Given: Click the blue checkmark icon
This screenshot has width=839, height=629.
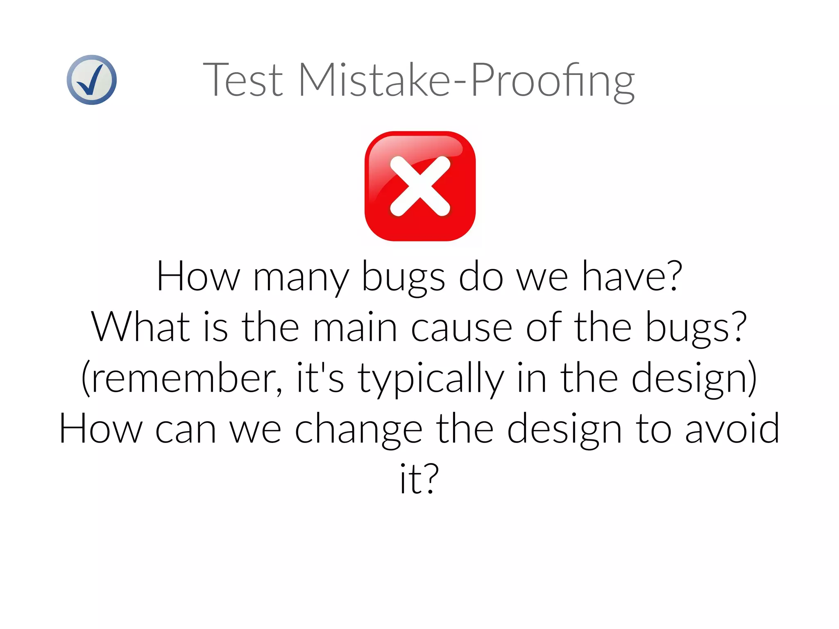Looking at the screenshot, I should click(91, 80).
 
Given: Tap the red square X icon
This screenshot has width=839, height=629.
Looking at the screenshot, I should click(420, 186).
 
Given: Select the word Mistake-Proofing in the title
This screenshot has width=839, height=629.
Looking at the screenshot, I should click(467, 80).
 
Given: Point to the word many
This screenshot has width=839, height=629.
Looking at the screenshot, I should click(301, 278).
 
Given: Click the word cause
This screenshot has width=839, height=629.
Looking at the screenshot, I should click(461, 328).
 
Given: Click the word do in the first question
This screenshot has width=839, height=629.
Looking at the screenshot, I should click(481, 277).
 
